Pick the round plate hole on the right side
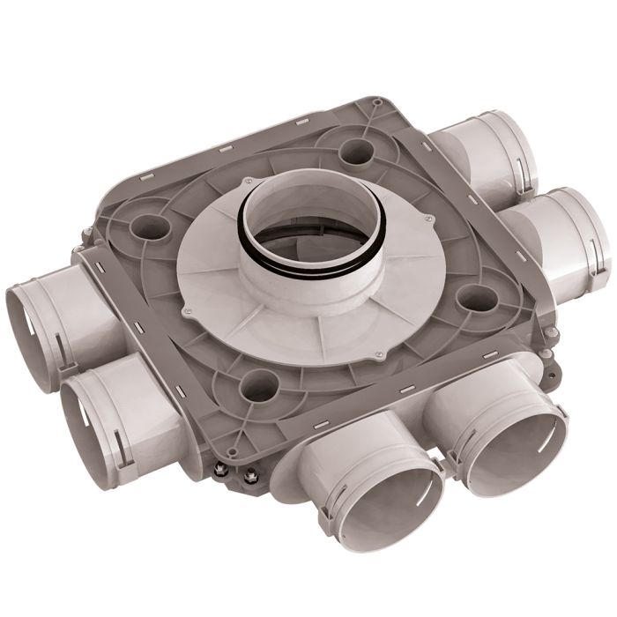tap(477, 298)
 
